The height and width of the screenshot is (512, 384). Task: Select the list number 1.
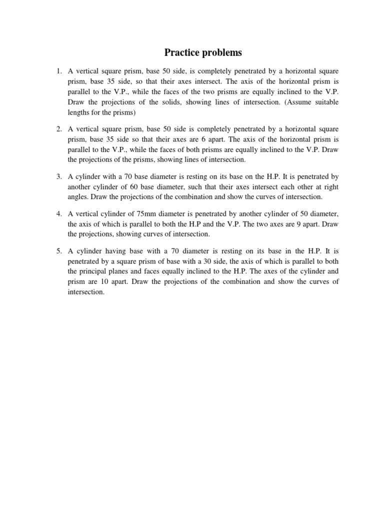click(58, 72)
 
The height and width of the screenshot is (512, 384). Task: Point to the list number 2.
click(58, 129)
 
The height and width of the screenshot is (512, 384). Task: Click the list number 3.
click(58, 176)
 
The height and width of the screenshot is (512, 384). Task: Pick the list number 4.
click(58, 213)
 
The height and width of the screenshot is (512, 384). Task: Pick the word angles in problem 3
click(78, 196)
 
